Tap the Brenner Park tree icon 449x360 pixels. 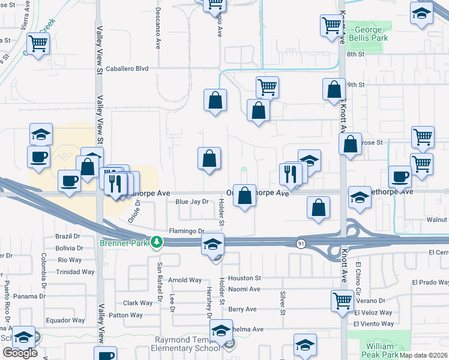tap(157, 242)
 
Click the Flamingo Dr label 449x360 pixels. tap(187, 231)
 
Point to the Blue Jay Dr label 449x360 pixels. tap(191, 202)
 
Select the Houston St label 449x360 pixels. tap(244, 278)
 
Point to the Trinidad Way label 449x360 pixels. tap(76, 272)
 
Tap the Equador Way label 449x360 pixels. tap(66, 320)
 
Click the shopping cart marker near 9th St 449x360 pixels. tap(267, 86)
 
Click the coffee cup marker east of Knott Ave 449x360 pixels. tap(400, 176)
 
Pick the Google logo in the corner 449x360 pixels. tap(20, 353)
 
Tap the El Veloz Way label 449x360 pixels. tap(373, 313)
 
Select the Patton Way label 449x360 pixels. tap(125, 315)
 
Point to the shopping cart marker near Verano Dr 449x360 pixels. tap(342, 299)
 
